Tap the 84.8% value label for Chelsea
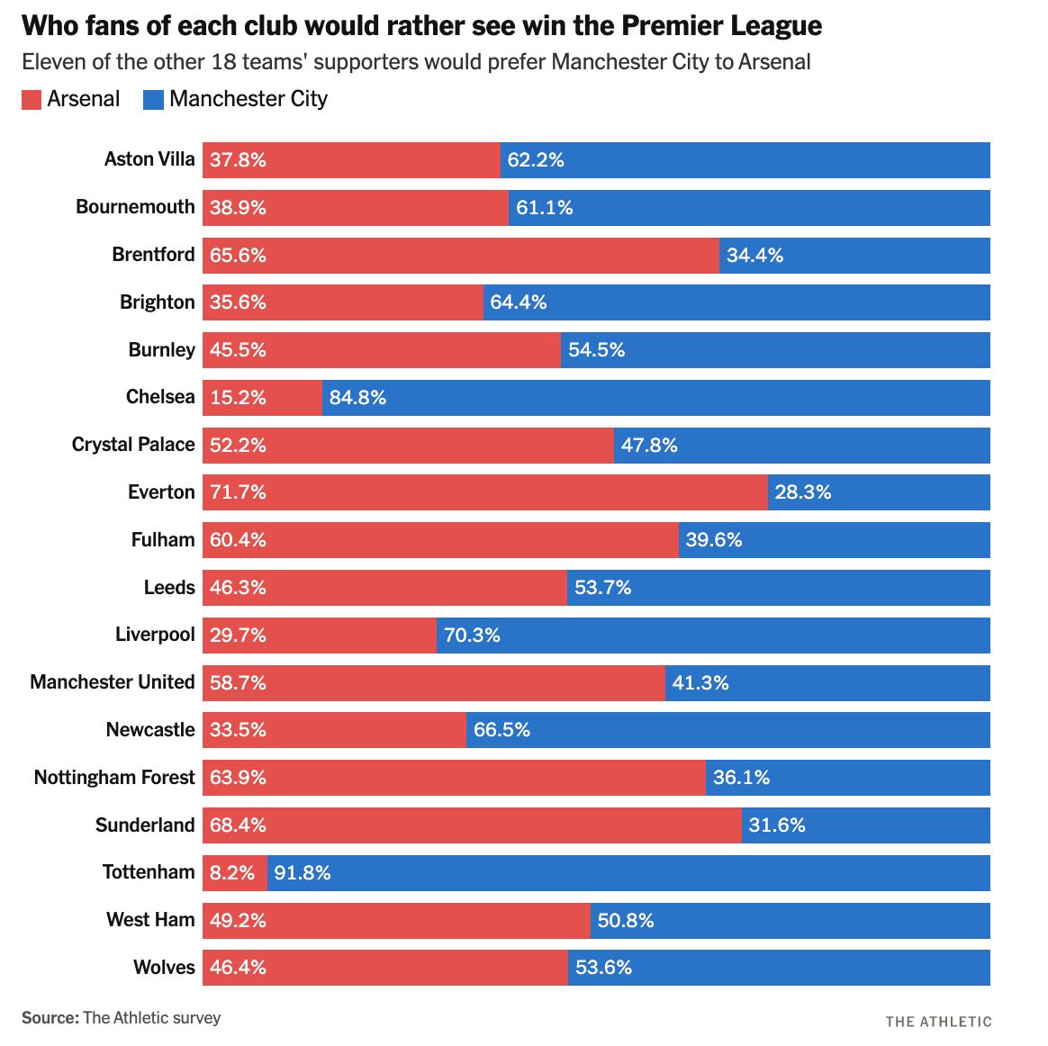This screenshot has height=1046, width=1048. click(x=357, y=398)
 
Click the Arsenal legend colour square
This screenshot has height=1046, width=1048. click(x=32, y=99)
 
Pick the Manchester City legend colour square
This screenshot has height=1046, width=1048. click(x=153, y=99)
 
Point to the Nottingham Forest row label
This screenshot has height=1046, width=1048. click(x=114, y=777)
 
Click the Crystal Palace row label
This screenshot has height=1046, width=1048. click(x=133, y=445)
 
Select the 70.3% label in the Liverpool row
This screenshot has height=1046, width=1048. click(x=472, y=636)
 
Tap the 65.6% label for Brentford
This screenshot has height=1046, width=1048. click(x=238, y=256)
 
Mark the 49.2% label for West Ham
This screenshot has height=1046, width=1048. click(x=238, y=920)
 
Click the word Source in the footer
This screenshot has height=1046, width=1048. click(x=50, y=1017)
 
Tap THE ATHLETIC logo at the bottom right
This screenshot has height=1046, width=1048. click(x=938, y=1021)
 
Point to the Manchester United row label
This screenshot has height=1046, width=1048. click(x=113, y=682)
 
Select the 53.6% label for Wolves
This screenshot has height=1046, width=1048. click(x=603, y=968)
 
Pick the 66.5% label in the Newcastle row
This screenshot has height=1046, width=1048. click(x=501, y=730)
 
